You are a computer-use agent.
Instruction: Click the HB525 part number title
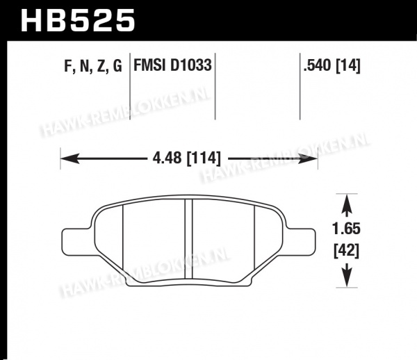(78, 20)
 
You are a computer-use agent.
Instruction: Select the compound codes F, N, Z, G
(93, 65)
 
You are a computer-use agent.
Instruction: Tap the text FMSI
(149, 65)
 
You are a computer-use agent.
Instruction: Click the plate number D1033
(190, 65)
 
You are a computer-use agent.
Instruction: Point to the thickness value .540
(318, 65)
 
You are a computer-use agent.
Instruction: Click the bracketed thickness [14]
(348, 65)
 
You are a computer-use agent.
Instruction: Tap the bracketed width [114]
(204, 158)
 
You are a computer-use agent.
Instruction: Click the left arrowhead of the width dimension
(70, 158)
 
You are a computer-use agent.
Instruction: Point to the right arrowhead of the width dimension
(308, 158)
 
